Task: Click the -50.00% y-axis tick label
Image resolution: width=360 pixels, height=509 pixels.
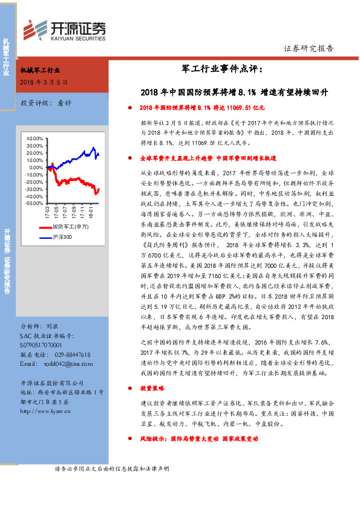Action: pos(34,203)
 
